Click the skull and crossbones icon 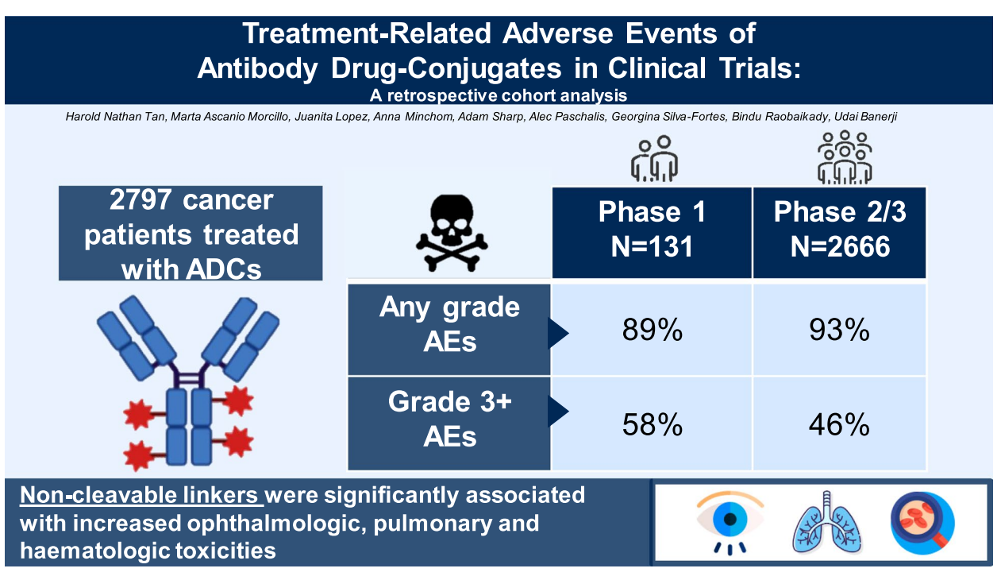(452, 234)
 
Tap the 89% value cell (652, 330)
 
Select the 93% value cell (839, 330)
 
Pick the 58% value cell (652, 424)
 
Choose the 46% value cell (839, 424)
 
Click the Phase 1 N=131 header (652, 233)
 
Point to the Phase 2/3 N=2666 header (839, 233)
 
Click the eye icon (730, 522)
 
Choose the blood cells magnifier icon (922, 522)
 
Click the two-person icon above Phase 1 (654, 158)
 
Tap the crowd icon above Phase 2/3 (845, 157)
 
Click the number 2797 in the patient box (141, 199)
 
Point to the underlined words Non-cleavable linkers (141, 496)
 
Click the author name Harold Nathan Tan (116, 117)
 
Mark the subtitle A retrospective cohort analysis (499, 95)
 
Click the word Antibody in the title (257, 68)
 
